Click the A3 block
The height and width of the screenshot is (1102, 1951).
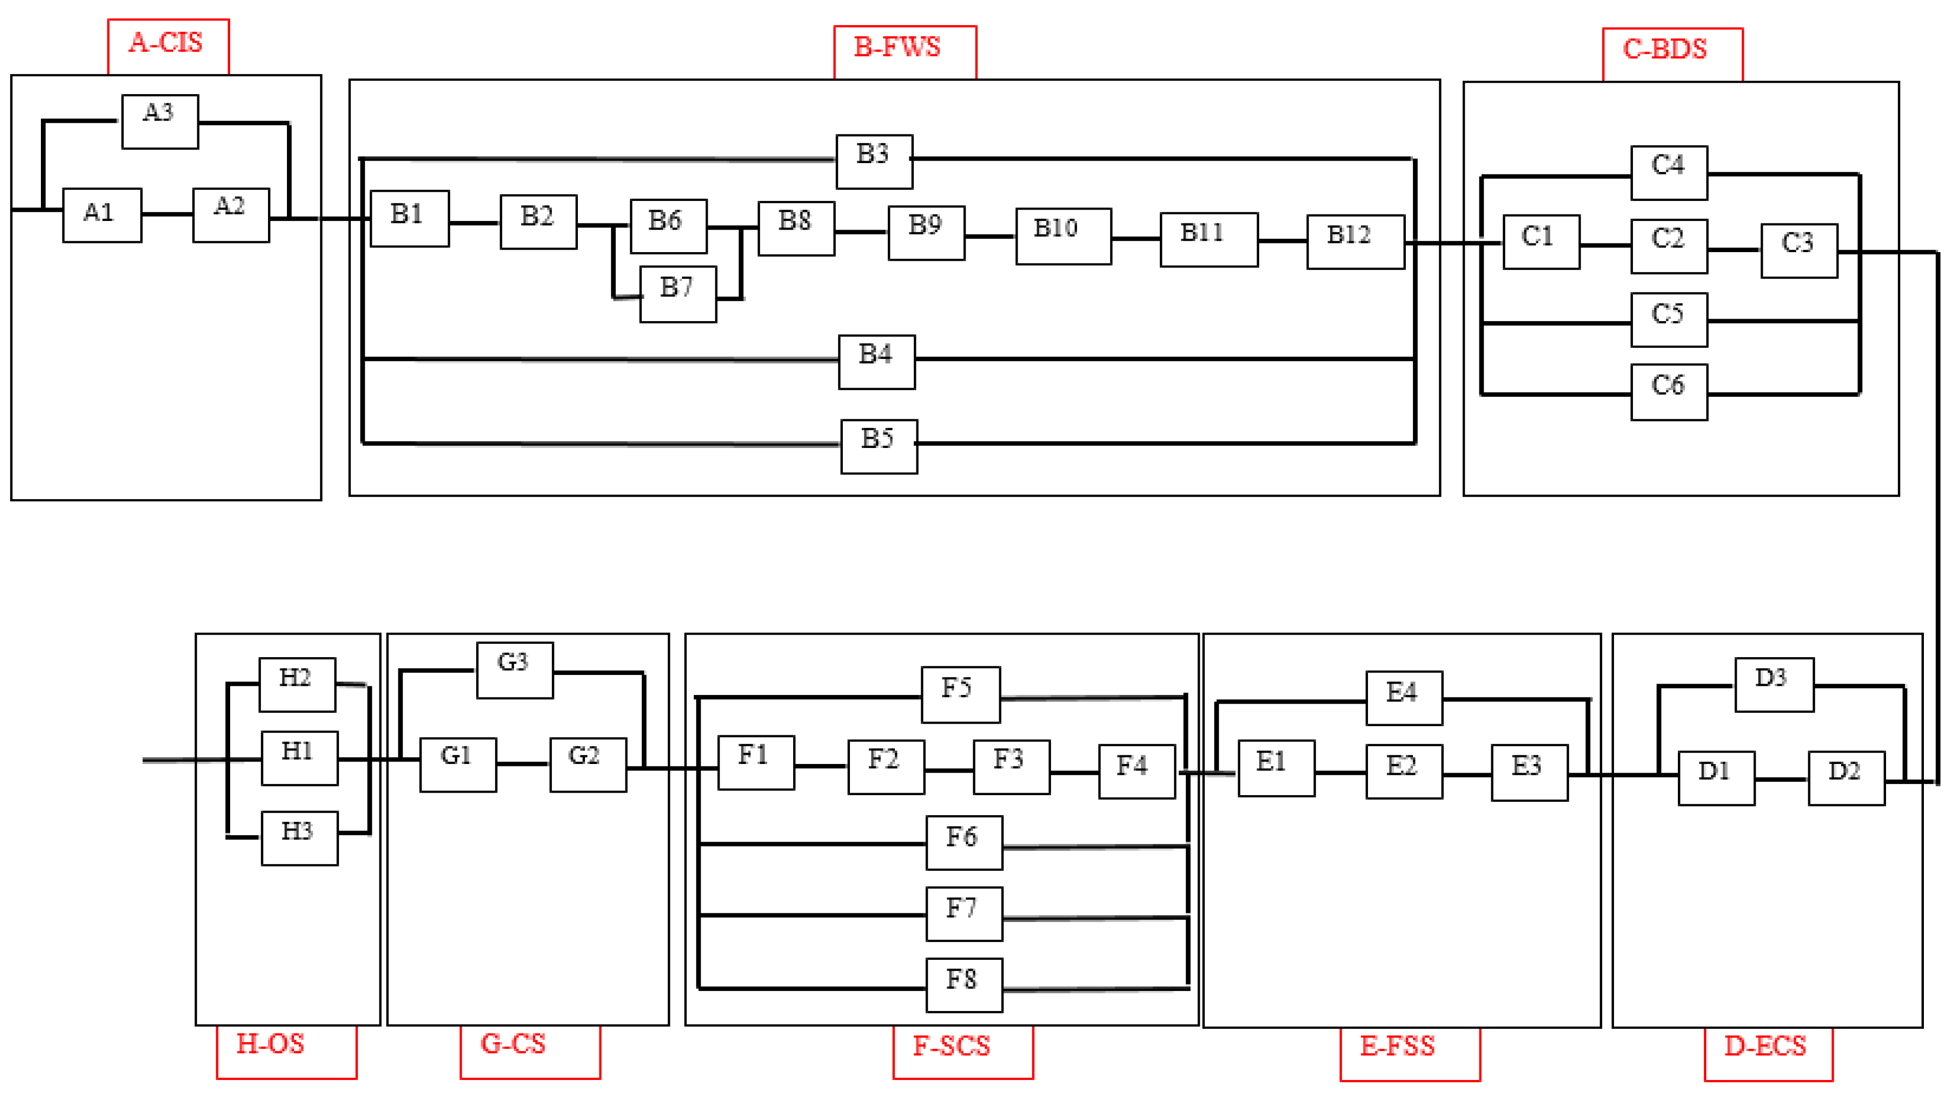(160, 121)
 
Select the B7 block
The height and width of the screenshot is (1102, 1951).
(678, 294)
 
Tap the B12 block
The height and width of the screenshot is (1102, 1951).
(1355, 241)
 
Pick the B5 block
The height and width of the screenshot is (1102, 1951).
(879, 446)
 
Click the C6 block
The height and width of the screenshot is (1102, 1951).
(1669, 392)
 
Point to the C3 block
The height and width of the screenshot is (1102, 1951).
(1799, 251)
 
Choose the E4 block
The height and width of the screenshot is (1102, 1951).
(1403, 698)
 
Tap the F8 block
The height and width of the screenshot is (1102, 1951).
(964, 984)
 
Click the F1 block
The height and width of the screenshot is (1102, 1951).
(756, 762)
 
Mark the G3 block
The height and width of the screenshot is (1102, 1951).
(514, 669)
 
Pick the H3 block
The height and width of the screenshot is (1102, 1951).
(299, 838)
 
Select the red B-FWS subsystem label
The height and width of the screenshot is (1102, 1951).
(904, 51)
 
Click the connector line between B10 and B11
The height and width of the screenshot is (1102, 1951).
(1135, 239)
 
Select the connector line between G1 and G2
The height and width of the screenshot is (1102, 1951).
(523, 763)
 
